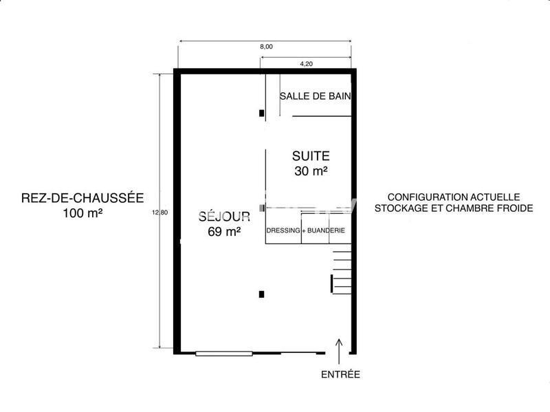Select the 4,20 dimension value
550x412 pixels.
click(307, 64)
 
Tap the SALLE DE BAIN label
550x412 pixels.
click(316, 96)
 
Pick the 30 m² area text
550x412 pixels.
click(311, 172)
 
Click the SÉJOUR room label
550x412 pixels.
click(223, 216)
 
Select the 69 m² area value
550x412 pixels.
click(223, 232)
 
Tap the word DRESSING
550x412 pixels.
click(283, 231)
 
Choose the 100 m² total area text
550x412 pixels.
click(82, 214)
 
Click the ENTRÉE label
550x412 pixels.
click(340, 375)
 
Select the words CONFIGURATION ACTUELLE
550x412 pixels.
click(454, 196)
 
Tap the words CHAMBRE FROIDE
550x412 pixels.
click(498, 208)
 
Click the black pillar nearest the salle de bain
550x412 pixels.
click(261, 113)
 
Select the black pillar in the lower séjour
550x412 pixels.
click(261, 294)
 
